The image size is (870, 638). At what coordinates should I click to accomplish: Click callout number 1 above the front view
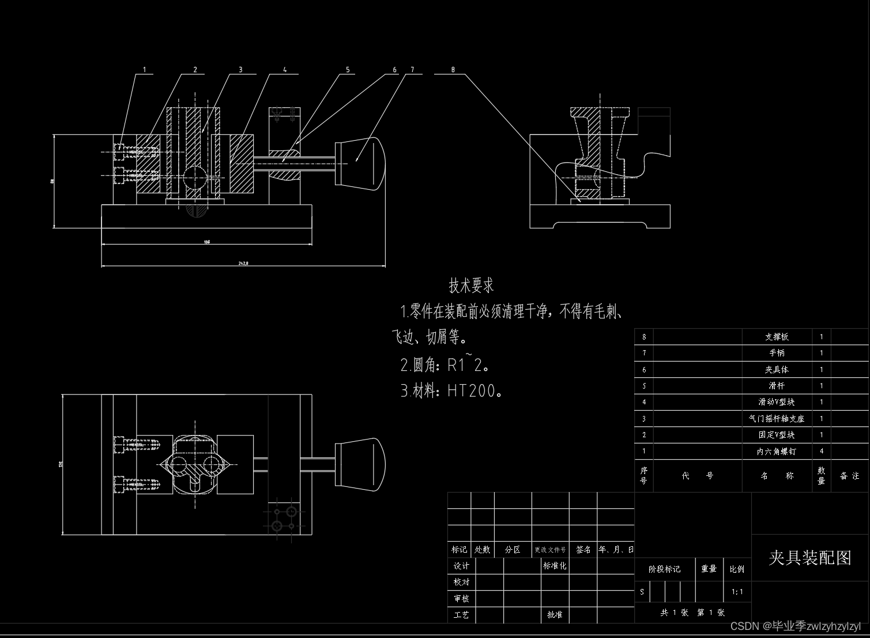pos(144,70)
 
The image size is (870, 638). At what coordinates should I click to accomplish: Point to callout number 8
pos(453,70)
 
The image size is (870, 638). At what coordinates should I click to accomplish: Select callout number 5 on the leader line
pos(348,70)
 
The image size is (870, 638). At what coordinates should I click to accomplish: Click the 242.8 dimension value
pos(243,263)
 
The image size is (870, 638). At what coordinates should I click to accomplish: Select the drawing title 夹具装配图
pos(810,558)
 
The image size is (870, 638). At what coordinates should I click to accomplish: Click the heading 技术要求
pos(471,286)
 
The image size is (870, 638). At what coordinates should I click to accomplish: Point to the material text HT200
pos(472,391)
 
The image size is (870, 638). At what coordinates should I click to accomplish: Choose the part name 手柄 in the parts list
pos(777,353)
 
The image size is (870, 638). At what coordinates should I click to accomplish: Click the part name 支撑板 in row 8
pos(777,337)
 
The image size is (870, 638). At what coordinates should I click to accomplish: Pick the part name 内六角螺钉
pos(777,452)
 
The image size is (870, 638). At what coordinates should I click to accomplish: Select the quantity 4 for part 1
pos(822,452)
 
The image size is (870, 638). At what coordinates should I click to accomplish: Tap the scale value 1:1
pos(737,592)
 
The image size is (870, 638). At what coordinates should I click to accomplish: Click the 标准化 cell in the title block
pos(555,566)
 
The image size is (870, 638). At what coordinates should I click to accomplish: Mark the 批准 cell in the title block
pos(555,615)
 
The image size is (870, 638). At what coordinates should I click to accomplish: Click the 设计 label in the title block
pos(461,566)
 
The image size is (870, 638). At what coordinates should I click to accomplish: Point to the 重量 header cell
pos(709,569)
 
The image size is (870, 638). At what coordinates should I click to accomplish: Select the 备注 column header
pos(849,476)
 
